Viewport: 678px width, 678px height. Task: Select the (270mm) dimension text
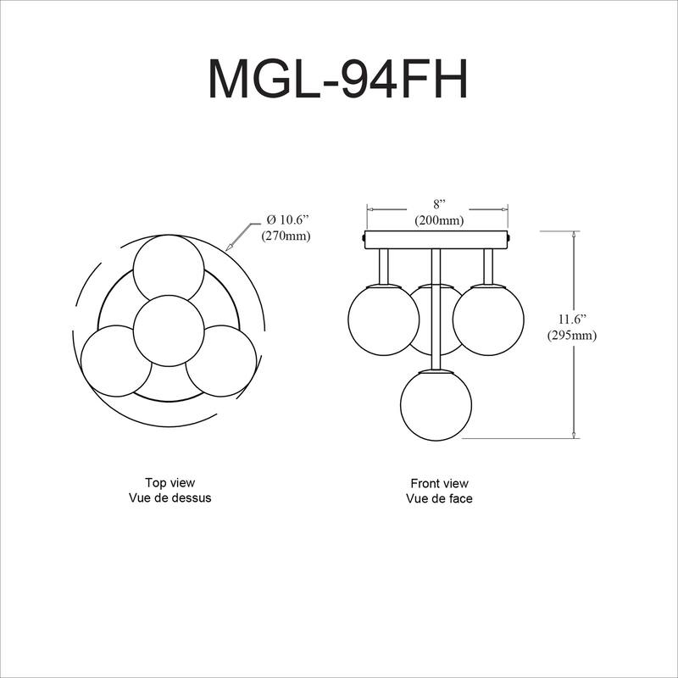pos(286,236)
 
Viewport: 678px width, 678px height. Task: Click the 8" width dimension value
pos(438,205)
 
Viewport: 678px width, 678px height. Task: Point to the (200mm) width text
pos(438,220)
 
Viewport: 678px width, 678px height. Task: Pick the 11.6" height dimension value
pos(573,319)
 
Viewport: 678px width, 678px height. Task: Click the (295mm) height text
pos(573,335)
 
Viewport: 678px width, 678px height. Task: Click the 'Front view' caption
pos(438,482)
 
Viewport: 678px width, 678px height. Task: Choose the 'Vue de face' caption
pos(438,499)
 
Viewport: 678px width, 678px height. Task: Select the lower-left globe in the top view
pos(116,360)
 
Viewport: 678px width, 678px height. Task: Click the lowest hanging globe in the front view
pos(436,404)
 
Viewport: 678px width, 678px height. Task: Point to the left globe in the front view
pos(384,319)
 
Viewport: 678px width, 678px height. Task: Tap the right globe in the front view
pos(487,319)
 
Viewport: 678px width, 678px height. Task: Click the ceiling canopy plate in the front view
pos(436,239)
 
